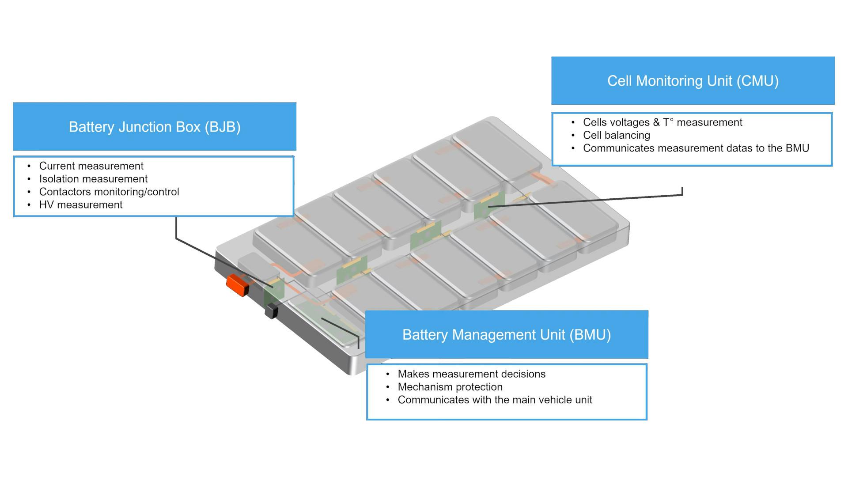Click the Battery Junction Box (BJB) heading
155,127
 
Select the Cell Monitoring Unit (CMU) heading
693,81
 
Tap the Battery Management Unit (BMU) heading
506,335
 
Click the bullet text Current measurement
91,166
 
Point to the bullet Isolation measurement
93,179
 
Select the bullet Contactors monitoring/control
109,192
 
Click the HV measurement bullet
81,205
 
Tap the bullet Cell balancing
616,135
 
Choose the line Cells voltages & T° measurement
662,122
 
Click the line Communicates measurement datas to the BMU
696,148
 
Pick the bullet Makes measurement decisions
471,374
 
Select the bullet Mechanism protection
450,387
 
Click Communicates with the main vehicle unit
495,400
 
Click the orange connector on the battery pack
238,285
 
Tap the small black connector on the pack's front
271,311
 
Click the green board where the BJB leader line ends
274,291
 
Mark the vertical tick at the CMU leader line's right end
682,191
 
